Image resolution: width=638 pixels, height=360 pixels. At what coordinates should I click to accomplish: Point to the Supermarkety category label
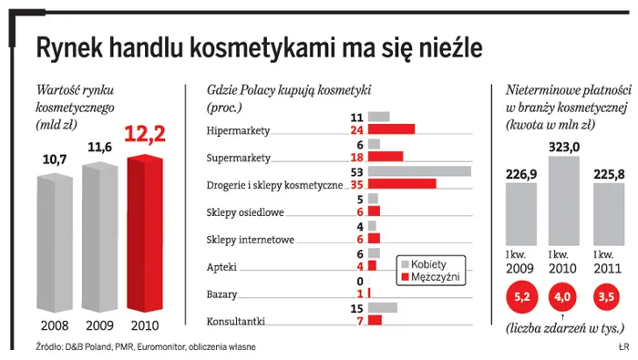(239, 158)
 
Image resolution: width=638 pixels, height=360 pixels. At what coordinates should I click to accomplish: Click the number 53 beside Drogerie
(357, 171)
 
